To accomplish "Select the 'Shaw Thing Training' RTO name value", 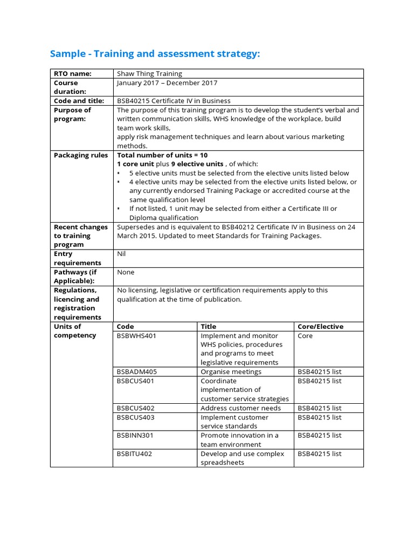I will coord(149,73).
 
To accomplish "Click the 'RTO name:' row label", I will coord(73,73).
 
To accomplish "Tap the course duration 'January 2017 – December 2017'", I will coord(167,82).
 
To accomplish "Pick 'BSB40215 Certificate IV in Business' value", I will coord(174,101).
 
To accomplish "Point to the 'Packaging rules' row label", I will coord(81,155).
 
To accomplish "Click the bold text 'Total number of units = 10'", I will coord(162,155).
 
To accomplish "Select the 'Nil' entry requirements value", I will coord(122,254).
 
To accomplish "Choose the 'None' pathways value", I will coord(126,272).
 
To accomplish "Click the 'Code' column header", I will coord(125,327).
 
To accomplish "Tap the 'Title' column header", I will coord(208,327).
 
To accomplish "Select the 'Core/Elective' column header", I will coord(320,327).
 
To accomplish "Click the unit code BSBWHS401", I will coord(136,336).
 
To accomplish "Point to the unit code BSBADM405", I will coord(137,372).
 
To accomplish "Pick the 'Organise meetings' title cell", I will coord(231,372).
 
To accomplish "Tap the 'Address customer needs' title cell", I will coord(240,408).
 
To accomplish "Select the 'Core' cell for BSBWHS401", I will coord(305,336).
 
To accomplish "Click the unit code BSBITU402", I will coord(135,454).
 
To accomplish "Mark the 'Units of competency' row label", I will coord(75,331).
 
